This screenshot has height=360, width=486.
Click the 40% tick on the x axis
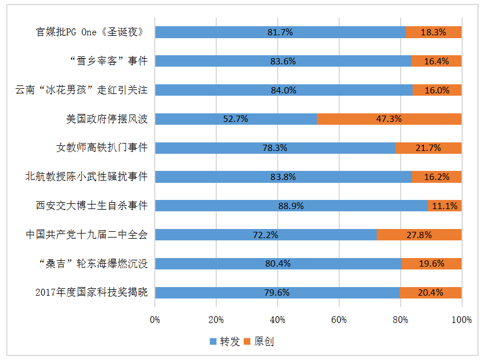278,320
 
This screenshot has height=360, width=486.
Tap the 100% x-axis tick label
462,320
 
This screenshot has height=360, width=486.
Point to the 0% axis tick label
155,320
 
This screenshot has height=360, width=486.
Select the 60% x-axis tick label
339,320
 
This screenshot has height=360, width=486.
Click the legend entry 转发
225,342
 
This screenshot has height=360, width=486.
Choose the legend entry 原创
260,342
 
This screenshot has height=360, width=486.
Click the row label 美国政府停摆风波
107,119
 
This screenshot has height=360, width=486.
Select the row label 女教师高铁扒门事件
102,148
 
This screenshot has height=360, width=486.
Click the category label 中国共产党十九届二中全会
87,235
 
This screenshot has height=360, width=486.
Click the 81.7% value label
280,32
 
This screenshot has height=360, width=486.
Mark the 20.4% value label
431,293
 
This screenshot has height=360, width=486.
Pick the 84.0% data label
283,90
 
